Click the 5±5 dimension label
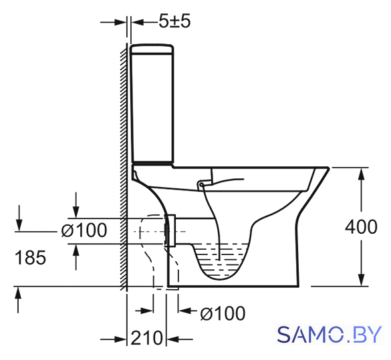(175, 21)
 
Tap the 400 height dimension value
(361, 226)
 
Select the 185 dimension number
(31, 257)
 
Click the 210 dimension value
(146, 338)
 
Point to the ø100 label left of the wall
(84, 230)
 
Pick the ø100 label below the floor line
(223, 313)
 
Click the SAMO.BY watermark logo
(330, 335)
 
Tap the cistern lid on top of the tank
(152, 49)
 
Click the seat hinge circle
(201, 184)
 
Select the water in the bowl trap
(221, 259)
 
